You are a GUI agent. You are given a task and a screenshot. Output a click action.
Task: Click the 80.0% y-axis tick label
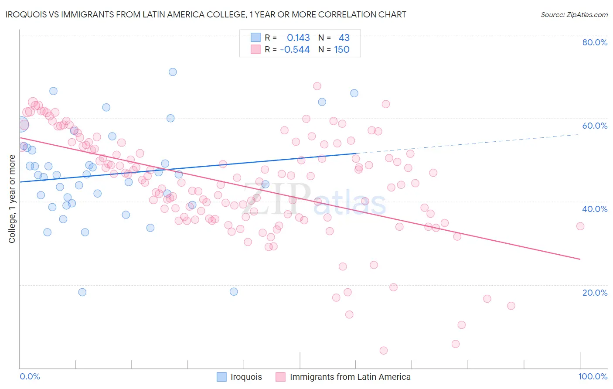(595, 42)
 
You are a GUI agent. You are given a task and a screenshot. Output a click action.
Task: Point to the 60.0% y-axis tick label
(595, 126)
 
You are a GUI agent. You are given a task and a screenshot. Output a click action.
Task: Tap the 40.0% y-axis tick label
(595, 209)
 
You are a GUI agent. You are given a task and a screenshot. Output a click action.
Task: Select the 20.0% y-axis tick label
(595, 293)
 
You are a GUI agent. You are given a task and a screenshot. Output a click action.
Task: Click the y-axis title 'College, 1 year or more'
(12, 199)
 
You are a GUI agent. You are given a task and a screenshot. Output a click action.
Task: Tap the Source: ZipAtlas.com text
(574, 15)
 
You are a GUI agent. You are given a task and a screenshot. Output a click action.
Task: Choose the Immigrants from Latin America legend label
(350, 377)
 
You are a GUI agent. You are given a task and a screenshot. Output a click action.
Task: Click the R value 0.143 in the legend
(298, 38)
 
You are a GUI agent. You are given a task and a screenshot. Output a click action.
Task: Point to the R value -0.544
(295, 50)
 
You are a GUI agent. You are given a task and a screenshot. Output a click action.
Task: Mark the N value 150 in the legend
(342, 50)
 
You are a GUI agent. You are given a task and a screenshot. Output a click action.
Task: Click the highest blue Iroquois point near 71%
(173, 72)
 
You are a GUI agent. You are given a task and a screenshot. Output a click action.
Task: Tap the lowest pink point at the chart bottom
(384, 351)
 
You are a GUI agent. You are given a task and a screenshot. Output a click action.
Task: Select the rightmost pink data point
(580, 226)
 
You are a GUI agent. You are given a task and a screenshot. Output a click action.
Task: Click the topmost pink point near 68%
(317, 86)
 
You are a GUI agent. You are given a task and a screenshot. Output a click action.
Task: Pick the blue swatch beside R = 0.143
(255, 38)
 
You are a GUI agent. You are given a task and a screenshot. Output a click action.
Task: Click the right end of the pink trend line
(580, 259)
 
